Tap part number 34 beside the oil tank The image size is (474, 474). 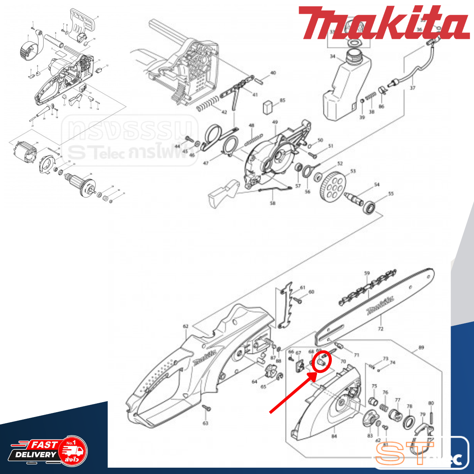(333, 56)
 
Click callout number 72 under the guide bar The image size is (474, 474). (381, 328)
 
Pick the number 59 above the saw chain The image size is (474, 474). (367, 274)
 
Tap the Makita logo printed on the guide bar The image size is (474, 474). (380, 305)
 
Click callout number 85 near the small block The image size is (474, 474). (283, 100)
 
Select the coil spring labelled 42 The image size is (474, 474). (207, 103)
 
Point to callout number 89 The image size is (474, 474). (421, 347)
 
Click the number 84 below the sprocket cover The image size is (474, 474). (334, 436)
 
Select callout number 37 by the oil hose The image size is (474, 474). (413, 88)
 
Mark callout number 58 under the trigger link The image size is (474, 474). (273, 203)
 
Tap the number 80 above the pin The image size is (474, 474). (431, 403)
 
